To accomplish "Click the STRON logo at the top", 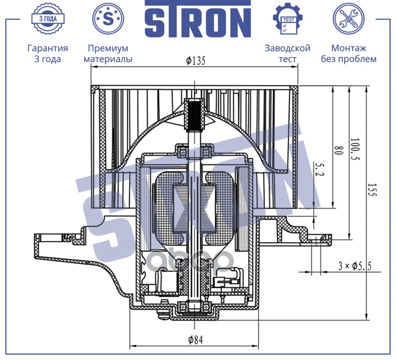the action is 198,19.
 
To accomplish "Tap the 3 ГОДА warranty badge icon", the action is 48,18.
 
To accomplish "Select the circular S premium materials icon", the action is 108,18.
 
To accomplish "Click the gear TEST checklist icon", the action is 288,19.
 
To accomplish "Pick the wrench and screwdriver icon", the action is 348,18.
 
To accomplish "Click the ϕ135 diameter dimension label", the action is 196,61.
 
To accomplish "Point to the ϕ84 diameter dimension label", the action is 195,340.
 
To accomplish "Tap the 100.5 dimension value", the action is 355,149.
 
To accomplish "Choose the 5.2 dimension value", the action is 319,170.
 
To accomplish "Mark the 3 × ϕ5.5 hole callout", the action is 355,266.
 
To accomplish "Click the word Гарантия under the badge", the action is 48,48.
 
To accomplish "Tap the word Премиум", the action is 108,48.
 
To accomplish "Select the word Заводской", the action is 288,48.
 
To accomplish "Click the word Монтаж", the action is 348,48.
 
